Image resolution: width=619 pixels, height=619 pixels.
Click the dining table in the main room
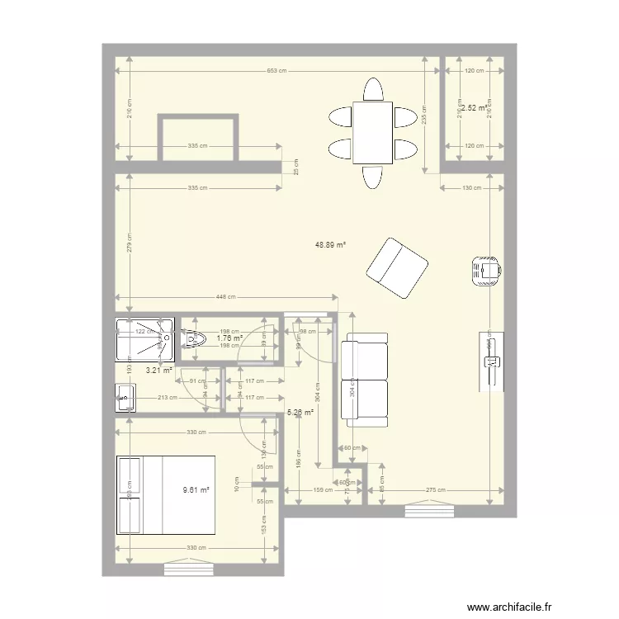pos(372,132)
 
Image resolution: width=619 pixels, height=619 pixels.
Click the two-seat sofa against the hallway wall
pos(365,380)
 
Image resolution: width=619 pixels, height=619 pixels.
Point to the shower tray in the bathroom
pos(145,339)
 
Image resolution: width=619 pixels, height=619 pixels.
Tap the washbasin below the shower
pos(125,398)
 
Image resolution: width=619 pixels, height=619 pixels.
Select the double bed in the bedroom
pos(167,494)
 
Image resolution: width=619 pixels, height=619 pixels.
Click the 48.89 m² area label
pos(330,245)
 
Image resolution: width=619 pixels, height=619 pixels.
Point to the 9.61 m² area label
pos(196,489)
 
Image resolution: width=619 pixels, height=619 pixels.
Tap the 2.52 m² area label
pos(475,107)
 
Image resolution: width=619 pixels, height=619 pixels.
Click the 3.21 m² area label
pos(158,370)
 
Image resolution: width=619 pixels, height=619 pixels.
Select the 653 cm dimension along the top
pos(276,71)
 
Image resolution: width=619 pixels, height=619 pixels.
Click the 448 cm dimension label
pos(226,298)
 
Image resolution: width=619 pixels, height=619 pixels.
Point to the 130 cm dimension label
pos(471,188)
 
